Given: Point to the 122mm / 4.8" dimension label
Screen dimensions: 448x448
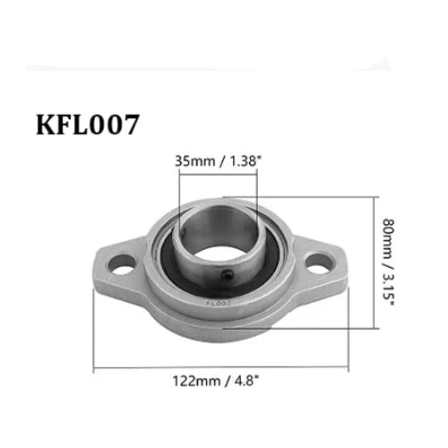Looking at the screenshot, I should [x=218, y=380].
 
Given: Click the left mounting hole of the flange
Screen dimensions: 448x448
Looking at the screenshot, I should [x=124, y=263].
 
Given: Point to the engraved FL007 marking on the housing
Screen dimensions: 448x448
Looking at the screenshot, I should [x=215, y=303].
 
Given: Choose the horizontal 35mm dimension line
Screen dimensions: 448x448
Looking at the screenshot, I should [x=218, y=175].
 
